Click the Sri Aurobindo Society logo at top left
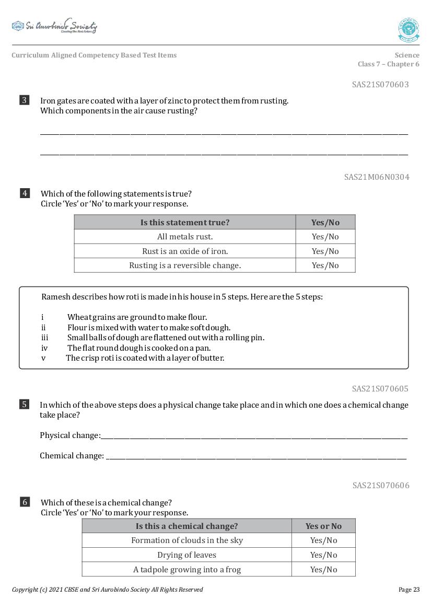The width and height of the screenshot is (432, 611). [54, 26]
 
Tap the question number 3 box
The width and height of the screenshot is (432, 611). [25, 100]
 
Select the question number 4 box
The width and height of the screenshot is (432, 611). [25, 193]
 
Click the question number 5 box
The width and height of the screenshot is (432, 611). [25, 404]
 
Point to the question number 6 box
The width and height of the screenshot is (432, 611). [25, 502]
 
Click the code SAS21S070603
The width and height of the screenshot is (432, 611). [380, 84]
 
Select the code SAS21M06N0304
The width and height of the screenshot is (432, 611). [376, 177]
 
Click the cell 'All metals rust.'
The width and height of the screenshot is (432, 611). [185, 237]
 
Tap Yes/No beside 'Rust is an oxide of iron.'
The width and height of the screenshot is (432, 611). [325, 251]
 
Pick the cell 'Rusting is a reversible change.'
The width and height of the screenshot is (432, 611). [185, 266]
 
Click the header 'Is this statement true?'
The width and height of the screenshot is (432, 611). [185, 222]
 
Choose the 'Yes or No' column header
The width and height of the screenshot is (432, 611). [323, 526]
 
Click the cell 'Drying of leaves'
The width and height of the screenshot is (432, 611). [186, 555]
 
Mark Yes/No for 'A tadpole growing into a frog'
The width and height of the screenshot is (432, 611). [323, 569]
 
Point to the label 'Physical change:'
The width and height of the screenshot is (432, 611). [70, 435]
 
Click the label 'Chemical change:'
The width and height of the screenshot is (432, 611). [72, 456]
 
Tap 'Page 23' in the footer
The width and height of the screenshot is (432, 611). [408, 590]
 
